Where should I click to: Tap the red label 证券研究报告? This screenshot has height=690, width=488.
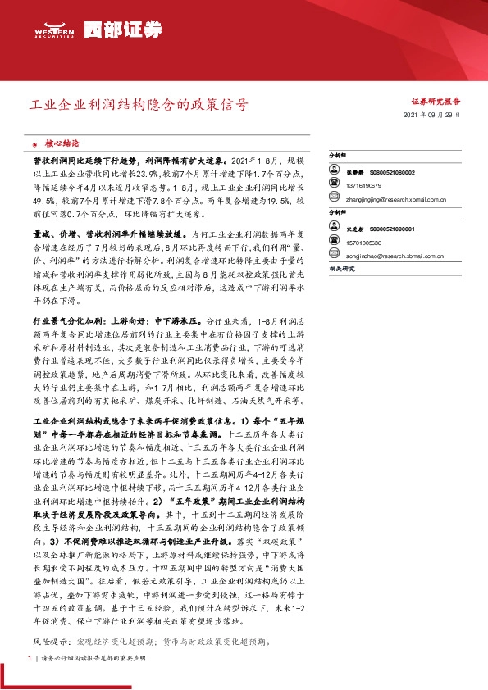pyautogui.click(x=436, y=102)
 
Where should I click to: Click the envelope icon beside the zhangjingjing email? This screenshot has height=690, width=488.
pyautogui.click(x=335, y=198)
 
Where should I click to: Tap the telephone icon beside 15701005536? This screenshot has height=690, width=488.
pyautogui.click(x=335, y=243)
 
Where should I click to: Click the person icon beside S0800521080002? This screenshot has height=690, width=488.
pyautogui.click(x=335, y=173)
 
